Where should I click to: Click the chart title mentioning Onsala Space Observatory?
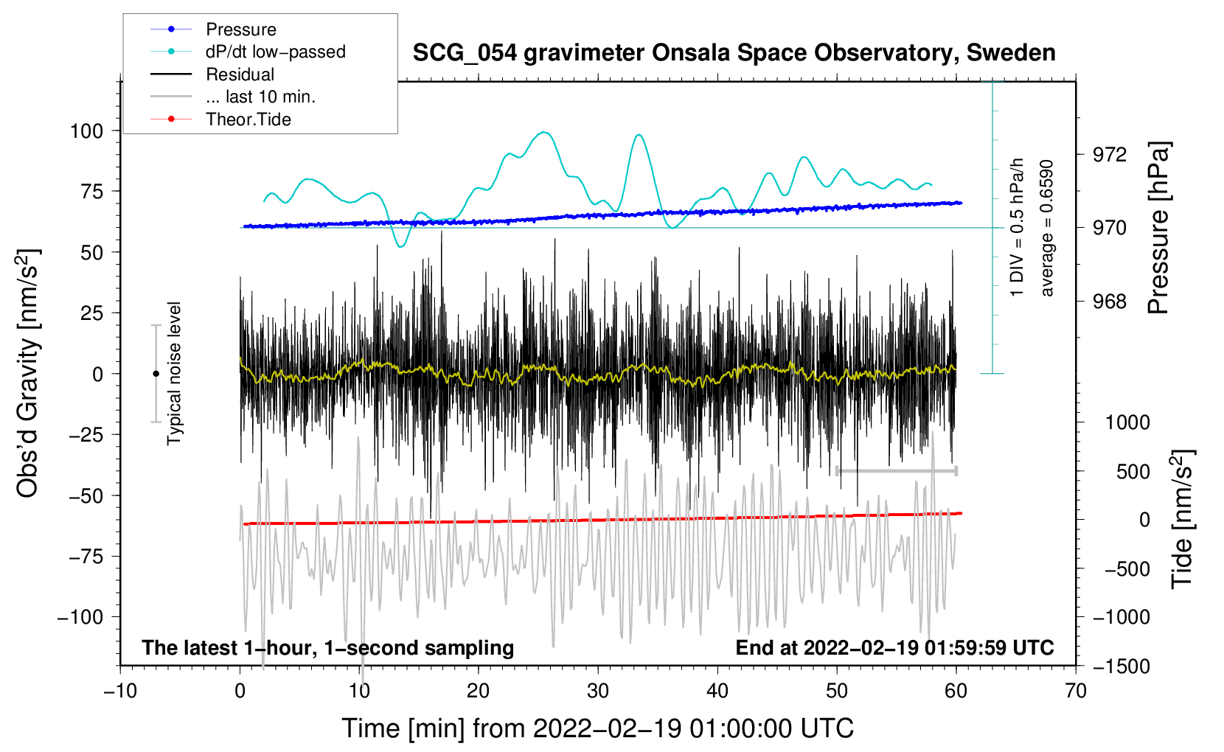click(734, 53)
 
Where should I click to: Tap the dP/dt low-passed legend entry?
click(275, 52)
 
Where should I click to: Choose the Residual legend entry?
click(240, 74)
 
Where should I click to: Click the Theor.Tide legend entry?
click(248, 119)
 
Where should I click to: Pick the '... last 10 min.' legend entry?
click(260, 97)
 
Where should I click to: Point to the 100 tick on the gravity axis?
click(86, 131)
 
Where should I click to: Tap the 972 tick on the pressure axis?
click(1110, 155)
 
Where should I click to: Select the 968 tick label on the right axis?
click(1110, 302)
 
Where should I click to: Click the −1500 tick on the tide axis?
click(1122, 666)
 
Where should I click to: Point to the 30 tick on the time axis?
click(598, 691)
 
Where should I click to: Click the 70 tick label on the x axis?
click(1076, 691)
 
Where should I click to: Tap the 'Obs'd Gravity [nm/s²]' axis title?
click(28, 373)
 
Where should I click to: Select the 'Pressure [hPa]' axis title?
click(1159, 229)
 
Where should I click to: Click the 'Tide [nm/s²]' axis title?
click(1182, 519)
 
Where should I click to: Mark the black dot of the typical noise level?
click(156, 374)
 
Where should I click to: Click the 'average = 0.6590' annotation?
click(1047, 229)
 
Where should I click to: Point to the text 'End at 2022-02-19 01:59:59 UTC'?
click(894, 648)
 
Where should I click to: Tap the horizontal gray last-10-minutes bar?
click(897, 470)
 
